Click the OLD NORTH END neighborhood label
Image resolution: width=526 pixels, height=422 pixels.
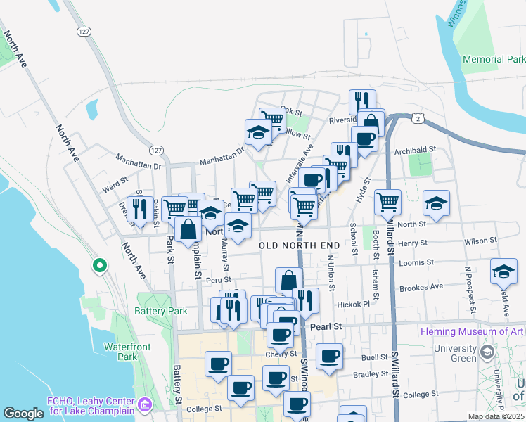(x=300, y=245)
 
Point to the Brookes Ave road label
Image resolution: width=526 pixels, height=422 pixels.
(x=421, y=286)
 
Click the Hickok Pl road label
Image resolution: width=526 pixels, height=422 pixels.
(x=353, y=305)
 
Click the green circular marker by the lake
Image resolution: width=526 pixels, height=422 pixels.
(x=100, y=266)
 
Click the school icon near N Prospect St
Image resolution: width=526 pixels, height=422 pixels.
(x=503, y=271)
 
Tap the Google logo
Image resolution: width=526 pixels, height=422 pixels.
(x=23, y=414)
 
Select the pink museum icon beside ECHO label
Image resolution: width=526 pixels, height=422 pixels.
(x=145, y=404)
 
